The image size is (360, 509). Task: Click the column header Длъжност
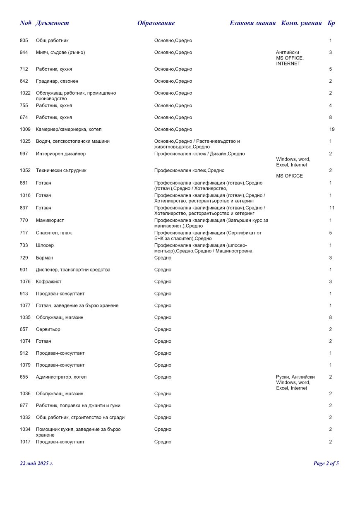[52, 23]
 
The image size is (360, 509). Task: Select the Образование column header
[156, 23]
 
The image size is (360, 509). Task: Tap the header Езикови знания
[252, 23]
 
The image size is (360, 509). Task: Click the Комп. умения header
[301, 23]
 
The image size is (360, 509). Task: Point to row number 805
[24, 41]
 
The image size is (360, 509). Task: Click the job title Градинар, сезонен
[57, 82]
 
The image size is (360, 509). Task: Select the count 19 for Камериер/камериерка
[331, 130]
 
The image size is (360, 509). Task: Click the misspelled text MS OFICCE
[289, 176]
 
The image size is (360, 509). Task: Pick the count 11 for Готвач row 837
[331, 208]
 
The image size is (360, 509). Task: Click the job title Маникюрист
[50, 221]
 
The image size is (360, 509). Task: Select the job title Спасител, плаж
[54, 233]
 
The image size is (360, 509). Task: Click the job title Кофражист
[48, 282]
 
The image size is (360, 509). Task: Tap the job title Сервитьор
[48, 329]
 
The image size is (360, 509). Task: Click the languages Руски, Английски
[295, 377]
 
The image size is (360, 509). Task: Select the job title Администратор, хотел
[61, 377]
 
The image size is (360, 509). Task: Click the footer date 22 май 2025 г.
[36, 463]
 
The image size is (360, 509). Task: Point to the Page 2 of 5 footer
[326, 463]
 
